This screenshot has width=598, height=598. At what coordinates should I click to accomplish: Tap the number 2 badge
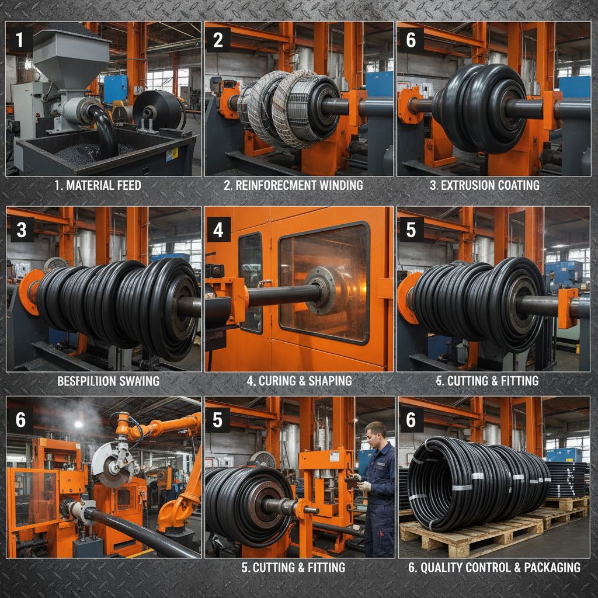(218, 40)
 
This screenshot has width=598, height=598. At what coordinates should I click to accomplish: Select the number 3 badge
(22, 230)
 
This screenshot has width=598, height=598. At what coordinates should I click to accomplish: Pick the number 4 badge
(218, 230)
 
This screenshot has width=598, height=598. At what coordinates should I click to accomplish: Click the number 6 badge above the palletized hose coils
(411, 420)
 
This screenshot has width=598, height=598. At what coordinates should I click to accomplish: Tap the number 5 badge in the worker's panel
(218, 420)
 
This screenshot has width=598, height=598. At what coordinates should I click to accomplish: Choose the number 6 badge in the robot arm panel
(20, 420)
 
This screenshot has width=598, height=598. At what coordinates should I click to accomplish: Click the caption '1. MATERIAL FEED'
(98, 186)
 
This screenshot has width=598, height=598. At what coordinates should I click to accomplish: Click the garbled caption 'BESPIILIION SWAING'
(109, 381)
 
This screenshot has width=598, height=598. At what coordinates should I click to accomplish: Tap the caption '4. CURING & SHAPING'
(299, 381)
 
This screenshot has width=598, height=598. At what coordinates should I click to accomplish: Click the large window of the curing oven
(324, 280)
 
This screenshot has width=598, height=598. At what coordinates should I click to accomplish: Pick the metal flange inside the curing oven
(321, 290)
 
